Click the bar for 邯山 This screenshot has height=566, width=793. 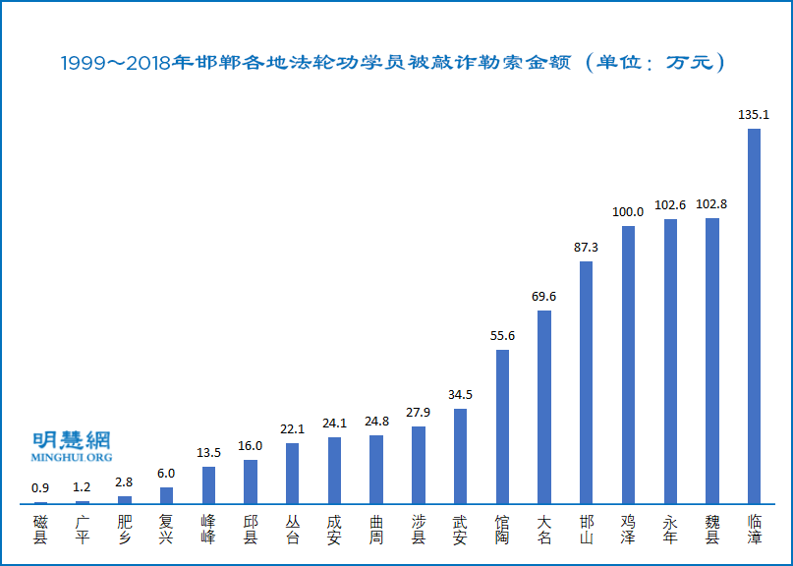(586, 382)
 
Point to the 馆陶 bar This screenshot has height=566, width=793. (502, 427)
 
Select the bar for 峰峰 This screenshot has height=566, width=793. (208, 485)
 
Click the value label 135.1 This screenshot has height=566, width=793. (754, 115)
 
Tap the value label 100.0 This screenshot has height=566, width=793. (628, 211)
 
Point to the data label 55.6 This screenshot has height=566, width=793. (502, 335)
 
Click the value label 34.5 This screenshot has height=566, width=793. (460, 394)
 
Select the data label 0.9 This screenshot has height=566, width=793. (40, 487)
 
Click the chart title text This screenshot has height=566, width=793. (393, 63)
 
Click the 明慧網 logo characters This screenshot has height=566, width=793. (72, 439)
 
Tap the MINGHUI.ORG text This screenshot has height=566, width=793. (72, 457)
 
